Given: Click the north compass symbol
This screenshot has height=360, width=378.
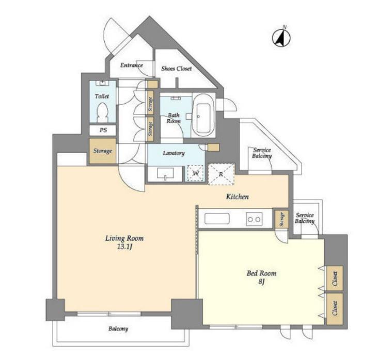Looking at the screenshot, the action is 281,37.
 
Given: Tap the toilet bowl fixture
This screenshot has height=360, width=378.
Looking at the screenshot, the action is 102,112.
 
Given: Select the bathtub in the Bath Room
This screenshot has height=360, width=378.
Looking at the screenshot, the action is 203,116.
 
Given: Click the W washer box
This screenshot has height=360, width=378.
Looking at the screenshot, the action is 196,173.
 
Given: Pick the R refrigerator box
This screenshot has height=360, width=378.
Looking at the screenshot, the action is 221,174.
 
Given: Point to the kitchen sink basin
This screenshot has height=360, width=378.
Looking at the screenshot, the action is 217,219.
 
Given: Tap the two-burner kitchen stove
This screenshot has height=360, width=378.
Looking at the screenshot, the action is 254,219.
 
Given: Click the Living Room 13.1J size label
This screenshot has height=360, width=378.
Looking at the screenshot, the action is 124,242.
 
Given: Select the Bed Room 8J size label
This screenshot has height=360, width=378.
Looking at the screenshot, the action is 262,277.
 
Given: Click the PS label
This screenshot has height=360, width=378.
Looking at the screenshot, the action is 103,130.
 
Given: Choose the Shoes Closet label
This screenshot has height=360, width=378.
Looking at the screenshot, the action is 177,69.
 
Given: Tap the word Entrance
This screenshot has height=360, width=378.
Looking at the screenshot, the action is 131,66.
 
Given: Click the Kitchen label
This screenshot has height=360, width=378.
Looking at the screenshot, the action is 237,197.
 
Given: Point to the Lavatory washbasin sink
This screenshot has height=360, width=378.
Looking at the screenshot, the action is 165,173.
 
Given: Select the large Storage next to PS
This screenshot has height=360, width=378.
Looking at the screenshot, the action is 102,151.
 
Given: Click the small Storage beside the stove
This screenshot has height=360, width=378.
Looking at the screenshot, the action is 281,219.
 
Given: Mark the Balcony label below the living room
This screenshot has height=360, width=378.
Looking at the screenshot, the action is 118,329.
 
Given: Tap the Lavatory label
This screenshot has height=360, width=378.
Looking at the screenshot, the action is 174,153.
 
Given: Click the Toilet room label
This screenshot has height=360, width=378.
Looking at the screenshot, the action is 102,96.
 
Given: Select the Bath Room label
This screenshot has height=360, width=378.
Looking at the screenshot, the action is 174,118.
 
